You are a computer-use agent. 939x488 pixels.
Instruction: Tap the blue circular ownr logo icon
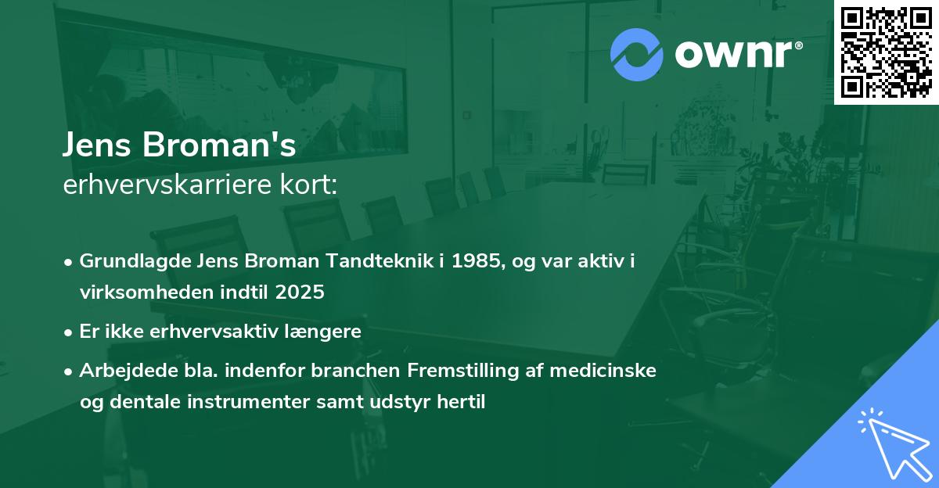(x=637, y=55)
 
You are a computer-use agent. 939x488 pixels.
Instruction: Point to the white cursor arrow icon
(x=894, y=445)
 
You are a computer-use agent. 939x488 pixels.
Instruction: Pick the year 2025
(x=300, y=292)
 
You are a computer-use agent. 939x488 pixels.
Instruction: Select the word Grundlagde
(x=129, y=261)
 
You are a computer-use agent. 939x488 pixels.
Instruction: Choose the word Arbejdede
(x=121, y=371)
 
